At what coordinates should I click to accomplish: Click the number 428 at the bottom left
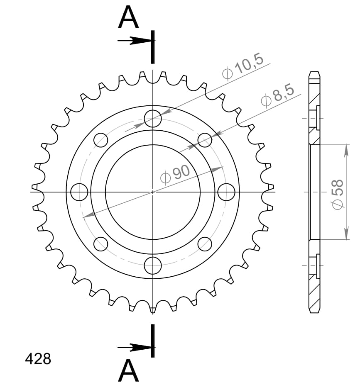coord(38,359)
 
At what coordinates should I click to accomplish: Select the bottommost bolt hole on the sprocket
coord(153,265)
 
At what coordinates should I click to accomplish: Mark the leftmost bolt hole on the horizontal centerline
coord(79,192)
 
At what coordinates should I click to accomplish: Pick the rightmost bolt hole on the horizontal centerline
coord(226,192)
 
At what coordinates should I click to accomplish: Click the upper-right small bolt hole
coord(205,140)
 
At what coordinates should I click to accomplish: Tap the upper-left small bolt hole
coord(101,140)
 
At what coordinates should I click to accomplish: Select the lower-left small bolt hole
coord(101,244)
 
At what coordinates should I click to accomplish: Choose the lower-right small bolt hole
coord(205,244)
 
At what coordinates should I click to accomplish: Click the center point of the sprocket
coord(153,192)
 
